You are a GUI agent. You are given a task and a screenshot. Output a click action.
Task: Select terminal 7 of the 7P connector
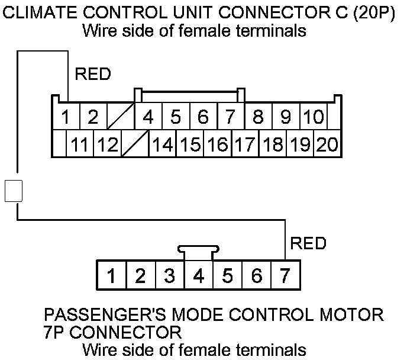(286, 275)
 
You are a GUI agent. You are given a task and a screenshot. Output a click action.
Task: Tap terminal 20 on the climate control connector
(327, 144)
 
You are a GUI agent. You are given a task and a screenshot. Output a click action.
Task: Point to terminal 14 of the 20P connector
(162, 144)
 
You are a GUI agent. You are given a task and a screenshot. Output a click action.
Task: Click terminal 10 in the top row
(313, 117)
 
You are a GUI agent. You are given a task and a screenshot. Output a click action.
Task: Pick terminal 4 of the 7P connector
(199, 275)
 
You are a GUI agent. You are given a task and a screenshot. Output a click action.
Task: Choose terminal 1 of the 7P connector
(111, 275)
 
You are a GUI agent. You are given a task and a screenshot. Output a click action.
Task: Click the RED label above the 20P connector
(93, 75)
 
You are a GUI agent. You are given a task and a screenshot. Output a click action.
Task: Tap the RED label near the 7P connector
(307, 243)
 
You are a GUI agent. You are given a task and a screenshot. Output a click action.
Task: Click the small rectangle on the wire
(13, 191)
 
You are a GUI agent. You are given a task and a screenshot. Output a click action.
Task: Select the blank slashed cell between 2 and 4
(120, 117)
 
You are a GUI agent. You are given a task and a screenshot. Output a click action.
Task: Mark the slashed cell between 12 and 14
(135, 144)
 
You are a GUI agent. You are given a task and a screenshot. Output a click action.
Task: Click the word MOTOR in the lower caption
(354, 314)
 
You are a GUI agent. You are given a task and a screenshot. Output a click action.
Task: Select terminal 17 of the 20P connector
(244, 144)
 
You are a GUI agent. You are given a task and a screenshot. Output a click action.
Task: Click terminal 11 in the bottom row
(80, 144)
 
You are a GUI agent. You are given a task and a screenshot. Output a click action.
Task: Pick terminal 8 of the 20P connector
(258, 117)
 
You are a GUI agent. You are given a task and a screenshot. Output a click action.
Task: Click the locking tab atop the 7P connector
(199, 251)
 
